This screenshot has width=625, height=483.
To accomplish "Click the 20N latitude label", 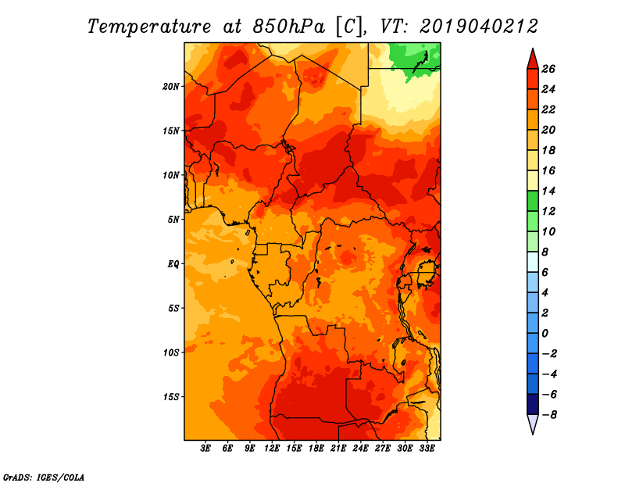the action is coord(171,87).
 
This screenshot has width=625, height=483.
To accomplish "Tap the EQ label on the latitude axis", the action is coord(173,264).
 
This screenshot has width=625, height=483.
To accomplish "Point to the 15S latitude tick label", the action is coord(171,397).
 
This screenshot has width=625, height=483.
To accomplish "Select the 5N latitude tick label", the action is coord(173,220).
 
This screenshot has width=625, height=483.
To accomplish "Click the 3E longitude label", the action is coord(205,448).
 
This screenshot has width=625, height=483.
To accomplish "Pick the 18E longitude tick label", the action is coord(316,448).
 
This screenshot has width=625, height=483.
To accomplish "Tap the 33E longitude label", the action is coord(427,448).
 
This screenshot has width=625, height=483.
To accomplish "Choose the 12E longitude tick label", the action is coord(272,448).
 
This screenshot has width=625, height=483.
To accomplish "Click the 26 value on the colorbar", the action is coord(548,69).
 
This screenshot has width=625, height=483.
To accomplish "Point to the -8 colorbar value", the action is coord(549,415).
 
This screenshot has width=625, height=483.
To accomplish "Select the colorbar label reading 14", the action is coord(548,191).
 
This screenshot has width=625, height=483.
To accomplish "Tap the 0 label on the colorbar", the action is coord(545,334).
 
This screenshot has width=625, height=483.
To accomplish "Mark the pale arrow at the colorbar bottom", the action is coord(533,424).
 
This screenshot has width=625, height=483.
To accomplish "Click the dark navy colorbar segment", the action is coord(533,404).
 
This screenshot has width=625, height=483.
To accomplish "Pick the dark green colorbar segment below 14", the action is coord(533,201).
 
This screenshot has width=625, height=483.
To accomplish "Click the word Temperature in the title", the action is coord(149,27).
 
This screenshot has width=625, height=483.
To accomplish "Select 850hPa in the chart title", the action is coord(288,27).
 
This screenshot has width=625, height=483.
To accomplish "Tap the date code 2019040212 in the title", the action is coord(479,27).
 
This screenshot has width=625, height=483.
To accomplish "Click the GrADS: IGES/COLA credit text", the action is coord(44,478).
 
